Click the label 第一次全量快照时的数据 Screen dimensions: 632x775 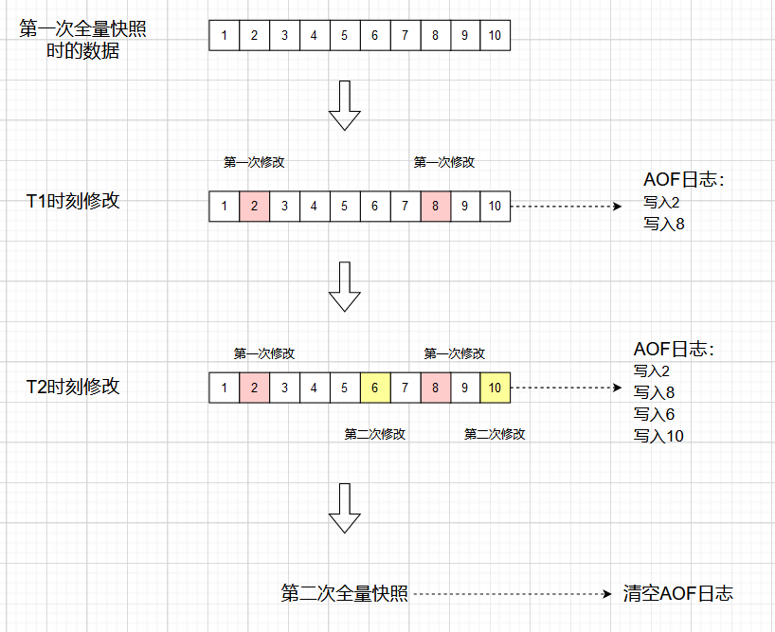point(83,40)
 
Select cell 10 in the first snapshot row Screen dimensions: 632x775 point(495,36)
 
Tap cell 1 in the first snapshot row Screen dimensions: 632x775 point(224,36)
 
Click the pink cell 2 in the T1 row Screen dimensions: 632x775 point(254,206)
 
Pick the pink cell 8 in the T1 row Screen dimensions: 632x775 point(435,206)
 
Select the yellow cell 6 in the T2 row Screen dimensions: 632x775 point(375,387)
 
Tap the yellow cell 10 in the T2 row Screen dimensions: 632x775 point(495,387)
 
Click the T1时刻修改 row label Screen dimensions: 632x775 point(73,201)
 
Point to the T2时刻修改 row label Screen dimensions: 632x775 point(73,387)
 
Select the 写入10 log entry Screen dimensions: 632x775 point(658,436)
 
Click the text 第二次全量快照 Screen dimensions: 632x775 point(345,594)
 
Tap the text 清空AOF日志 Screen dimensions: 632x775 point(678,594)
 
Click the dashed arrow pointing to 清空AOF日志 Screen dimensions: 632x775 point(512,594)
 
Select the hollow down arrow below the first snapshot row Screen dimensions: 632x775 point(344,104)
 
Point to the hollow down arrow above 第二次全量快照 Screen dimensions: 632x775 point(344,509)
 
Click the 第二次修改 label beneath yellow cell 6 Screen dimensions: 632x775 point(375,434)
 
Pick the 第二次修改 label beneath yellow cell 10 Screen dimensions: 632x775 point(495,434)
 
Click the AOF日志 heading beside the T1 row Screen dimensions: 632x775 point(683,179)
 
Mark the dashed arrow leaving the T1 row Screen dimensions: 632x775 point(564,206)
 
